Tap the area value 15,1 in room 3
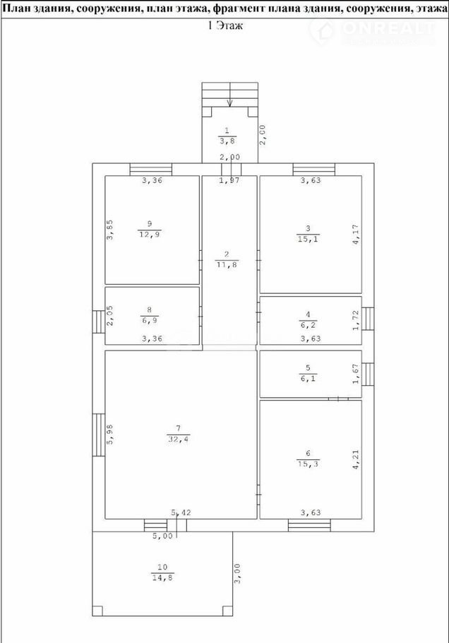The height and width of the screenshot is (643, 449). tap(308, 239)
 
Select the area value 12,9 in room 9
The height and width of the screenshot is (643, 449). tap(150, 234)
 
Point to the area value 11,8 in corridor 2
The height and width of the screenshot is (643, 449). tap(227, 264)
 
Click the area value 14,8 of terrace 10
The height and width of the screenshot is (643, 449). tap(162, 578)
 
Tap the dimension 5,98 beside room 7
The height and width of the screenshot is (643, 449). tap(110, 435)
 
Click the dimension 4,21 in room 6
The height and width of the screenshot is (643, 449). tap(356, 460)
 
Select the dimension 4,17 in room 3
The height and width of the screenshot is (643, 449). tap(356, 235)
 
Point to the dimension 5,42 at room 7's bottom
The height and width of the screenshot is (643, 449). tap(181, 512)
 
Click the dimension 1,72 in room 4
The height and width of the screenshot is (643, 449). tap(356, 320)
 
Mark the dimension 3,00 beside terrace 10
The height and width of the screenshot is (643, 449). tap(239, 574)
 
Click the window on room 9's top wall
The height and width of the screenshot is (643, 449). tap(151, 170)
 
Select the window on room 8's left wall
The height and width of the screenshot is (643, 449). tap(98, 321)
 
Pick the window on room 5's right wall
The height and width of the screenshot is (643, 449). tap(368, 374)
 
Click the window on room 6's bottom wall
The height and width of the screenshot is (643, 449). tap(309, 525)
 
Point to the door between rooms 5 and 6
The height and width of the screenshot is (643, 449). tap(338, 399)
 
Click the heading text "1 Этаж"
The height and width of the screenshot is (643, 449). tap(225, 25)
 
